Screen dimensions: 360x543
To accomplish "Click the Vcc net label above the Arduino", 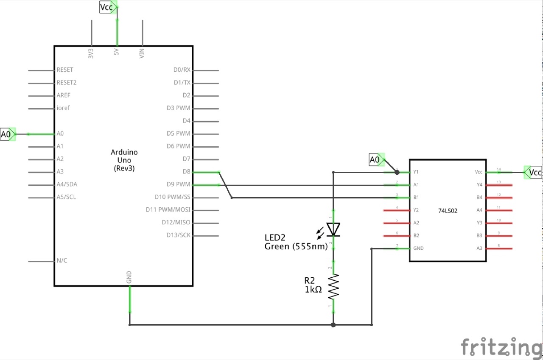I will [107, 7].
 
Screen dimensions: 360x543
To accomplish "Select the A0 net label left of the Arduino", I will [6, 134].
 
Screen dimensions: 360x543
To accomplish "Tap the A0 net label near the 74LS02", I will [375, 160].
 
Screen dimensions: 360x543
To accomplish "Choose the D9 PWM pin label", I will [179, 184].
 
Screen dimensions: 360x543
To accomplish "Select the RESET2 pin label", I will [67, 83].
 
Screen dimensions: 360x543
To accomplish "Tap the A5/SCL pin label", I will [66, 197].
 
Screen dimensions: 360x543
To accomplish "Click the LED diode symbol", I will [333, 229].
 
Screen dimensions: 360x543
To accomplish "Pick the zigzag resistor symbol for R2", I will [333, 286].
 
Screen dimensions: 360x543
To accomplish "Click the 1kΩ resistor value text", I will [313, 290].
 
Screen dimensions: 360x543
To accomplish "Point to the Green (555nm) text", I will [296, 246].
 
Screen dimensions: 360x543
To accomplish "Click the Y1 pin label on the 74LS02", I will [416, 172].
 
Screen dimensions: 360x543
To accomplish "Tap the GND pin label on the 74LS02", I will [418, 248].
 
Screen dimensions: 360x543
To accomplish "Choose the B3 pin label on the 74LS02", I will [479, 235].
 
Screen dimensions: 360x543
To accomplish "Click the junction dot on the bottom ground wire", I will [333, 325].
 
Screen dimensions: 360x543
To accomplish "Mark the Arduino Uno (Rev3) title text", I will [124, 160].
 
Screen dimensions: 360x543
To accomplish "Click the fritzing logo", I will [501, 347].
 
